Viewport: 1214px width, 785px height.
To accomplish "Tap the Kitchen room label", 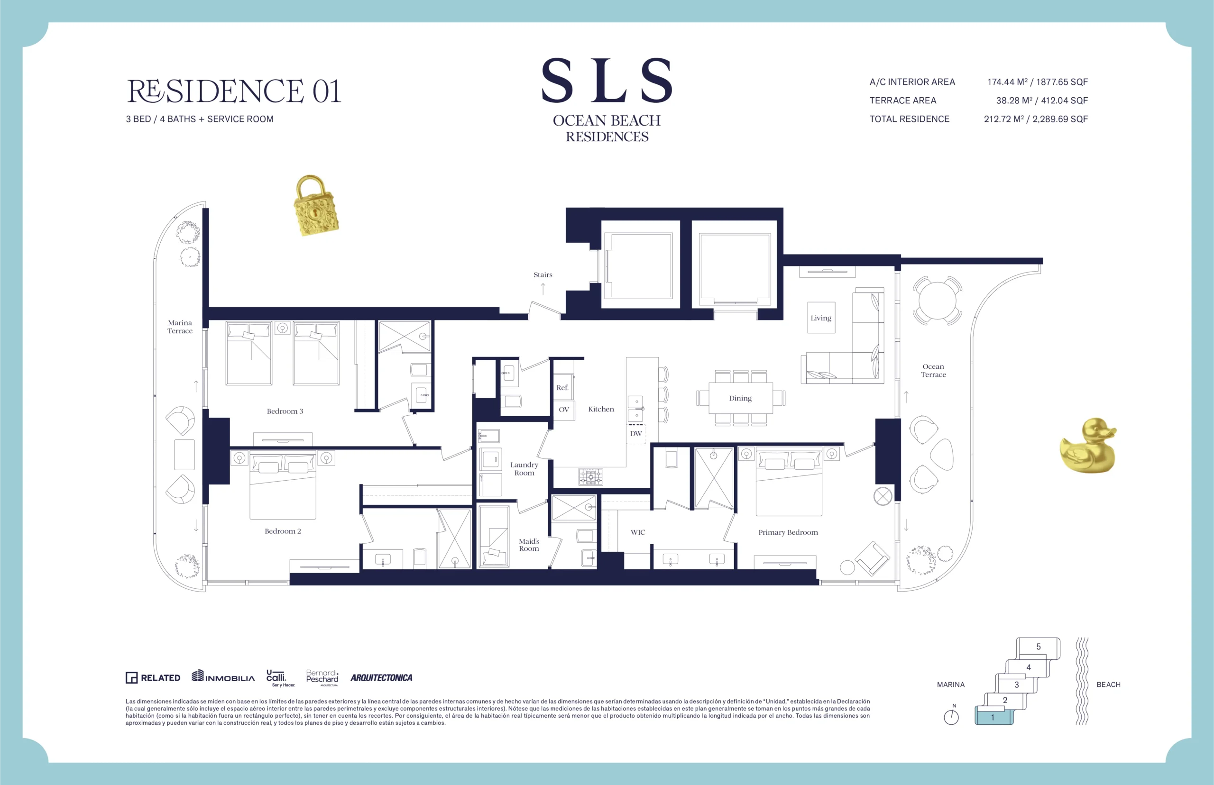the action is click(601, 409).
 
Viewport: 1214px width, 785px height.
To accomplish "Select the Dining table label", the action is click(740, 398).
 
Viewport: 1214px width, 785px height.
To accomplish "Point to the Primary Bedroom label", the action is click(788, 533).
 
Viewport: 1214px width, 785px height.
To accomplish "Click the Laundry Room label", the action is click(524, 469).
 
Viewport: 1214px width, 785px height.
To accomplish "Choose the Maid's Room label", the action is click(529, 545).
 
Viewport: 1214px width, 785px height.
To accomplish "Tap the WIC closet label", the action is click(638, 532).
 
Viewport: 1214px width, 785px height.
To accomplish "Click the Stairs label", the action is click(543, 275).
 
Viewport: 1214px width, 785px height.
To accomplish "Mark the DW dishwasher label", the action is click(636, 434).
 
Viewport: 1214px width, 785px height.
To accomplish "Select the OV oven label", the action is click(564, 409).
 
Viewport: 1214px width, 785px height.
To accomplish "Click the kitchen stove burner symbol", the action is click(590, 476).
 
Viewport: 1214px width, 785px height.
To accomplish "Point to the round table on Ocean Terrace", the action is click(937, 301).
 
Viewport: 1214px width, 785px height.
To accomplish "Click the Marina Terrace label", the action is click(180, 327).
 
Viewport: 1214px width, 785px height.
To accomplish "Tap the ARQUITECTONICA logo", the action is click(381, 677).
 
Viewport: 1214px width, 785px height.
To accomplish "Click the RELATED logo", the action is click(153, 677).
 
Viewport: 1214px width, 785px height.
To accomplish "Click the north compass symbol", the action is click(951, 717).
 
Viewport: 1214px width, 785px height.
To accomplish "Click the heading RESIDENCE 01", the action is click(233, 91).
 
